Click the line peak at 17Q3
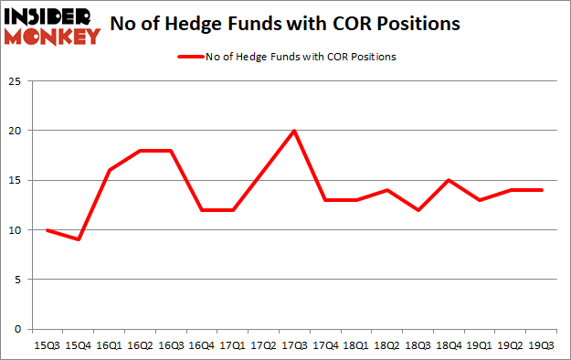click(294, 131)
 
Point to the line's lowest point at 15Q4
click(78, 239)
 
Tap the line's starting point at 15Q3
click(47, 229)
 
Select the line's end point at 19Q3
click(542, 190)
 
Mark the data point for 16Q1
click(109, 170)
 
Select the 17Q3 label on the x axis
click(294, 345)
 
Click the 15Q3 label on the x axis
click(47, 345)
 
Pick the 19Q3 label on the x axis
click(542, 345)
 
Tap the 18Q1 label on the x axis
click(356, 345)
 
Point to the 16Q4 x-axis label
click(201, 345)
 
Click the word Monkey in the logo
click(53, 37)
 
